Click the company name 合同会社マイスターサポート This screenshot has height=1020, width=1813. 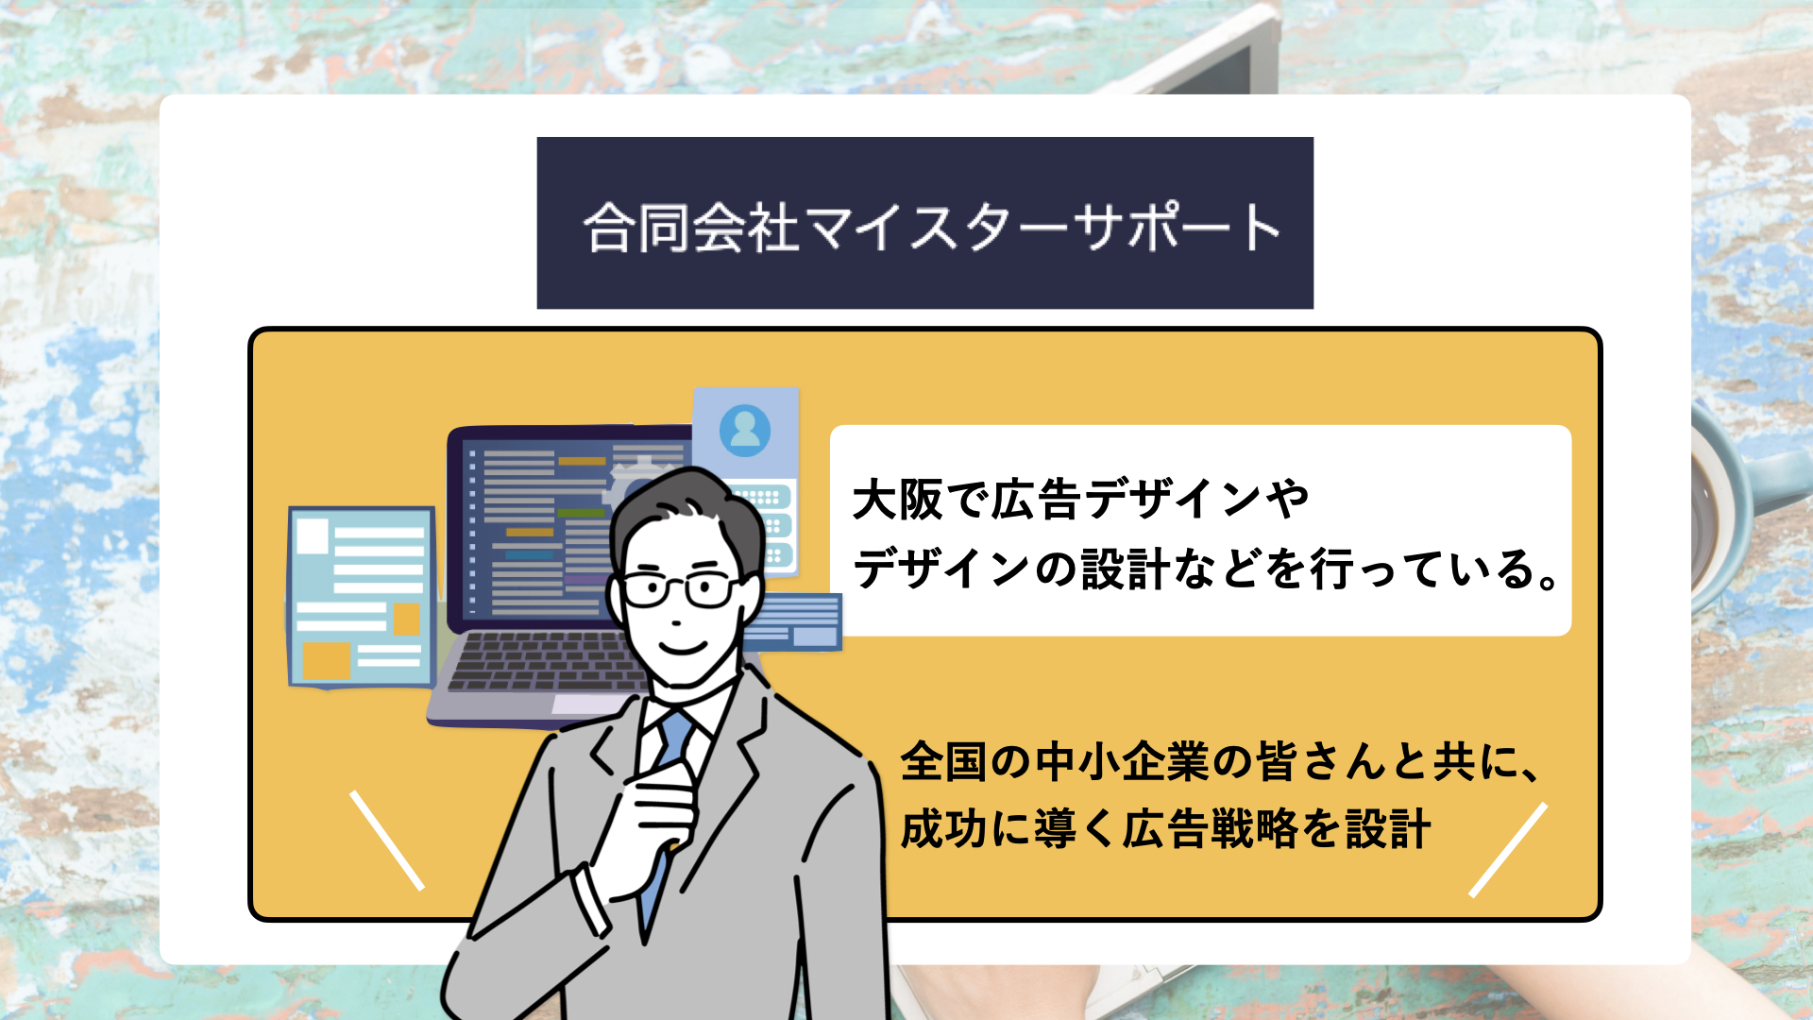(x=931, y=228)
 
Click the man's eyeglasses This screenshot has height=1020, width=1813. (x=681, y=588)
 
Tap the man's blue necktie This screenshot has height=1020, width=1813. (x=665, y=812)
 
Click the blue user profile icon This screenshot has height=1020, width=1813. (x=745, y=431)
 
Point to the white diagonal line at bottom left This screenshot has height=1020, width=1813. (x=387, y=841)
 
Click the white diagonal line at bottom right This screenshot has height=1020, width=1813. (x=1508, y=850)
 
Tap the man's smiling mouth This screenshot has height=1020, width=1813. (x=684, y=647)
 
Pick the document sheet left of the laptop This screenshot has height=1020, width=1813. (x=362, y=598)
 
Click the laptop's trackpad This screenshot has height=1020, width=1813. (x=585, y=705)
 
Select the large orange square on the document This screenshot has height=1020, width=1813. (x=327, y=660)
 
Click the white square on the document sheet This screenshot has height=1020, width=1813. (x=313, y=536)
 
